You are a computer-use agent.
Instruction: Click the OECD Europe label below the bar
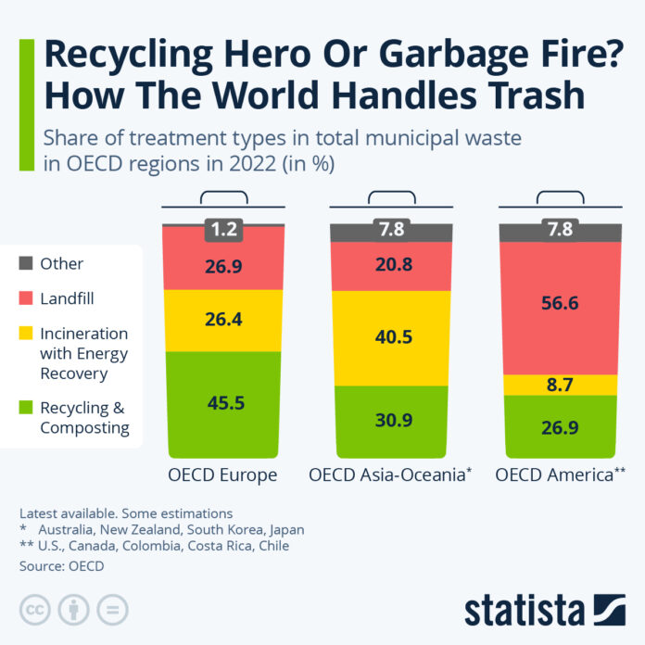pyautogui.click(x=222, y=475)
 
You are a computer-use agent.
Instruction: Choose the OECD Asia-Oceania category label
pyautogui.click(x=389, y=475)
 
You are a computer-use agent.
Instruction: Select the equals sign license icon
pyautogui.click(x=112, y=609)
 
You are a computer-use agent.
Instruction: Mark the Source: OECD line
pyautogui.click(x=61, y=565)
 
